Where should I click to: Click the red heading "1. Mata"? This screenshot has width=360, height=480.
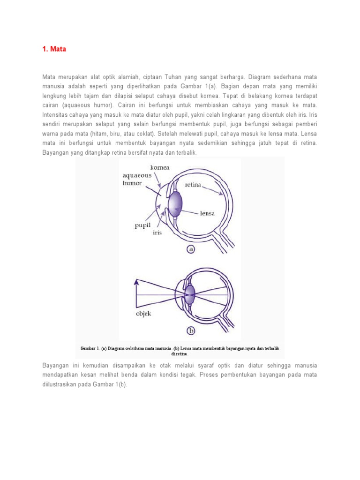[x=54, y=49]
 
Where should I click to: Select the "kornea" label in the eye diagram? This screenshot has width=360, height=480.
[x=160, y=167]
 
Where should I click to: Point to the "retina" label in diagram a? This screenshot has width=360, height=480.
[x=193, y=185]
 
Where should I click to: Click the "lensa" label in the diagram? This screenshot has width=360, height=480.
[x=207, y=213]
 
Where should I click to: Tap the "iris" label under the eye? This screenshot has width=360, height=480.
[x=157, y=232]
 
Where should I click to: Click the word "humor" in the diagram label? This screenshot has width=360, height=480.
[x=132, y=183]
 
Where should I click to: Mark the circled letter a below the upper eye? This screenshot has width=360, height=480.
[x=191, y=249]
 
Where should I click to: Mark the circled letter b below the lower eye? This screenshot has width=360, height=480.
[x=191, y=331]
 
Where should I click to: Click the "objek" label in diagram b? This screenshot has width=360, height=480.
[x=143, y=314]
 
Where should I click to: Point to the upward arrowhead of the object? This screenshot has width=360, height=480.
[x=136, y=283]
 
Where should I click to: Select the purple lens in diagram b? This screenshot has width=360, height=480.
[x=189, y=294]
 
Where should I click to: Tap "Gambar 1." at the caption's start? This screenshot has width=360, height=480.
[x=90, y=349]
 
